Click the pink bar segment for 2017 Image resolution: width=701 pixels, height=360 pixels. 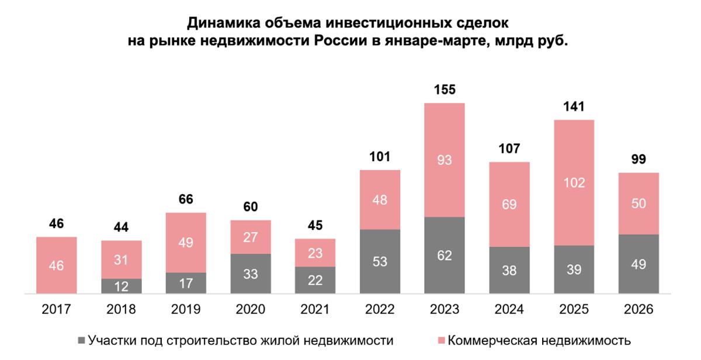coord(57,265)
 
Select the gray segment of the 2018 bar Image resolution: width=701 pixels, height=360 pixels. coord(122,286)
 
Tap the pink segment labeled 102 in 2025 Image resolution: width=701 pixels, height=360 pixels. coord(574,182)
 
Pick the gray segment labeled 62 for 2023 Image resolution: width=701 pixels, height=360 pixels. coord(445,255)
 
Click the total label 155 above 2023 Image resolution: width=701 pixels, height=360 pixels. coord(445,91)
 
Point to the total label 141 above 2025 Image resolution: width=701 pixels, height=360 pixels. coord(574,107)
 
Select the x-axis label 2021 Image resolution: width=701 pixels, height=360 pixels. coord(315,310)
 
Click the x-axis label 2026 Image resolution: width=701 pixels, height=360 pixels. coord(638,310)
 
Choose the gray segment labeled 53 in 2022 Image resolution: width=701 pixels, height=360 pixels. coord(380,261)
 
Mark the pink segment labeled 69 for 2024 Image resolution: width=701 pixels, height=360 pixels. coord(509,204)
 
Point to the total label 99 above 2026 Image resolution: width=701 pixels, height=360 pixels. coord(638,160)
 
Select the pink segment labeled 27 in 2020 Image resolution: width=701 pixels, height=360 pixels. coord(251,237)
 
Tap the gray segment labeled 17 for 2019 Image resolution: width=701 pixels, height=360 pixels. coord(186,283)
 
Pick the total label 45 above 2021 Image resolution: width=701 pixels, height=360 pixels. coord(315,226)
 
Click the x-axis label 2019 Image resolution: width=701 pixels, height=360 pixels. coord(186,310)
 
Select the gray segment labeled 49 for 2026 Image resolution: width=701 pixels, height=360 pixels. coord(638,264)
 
